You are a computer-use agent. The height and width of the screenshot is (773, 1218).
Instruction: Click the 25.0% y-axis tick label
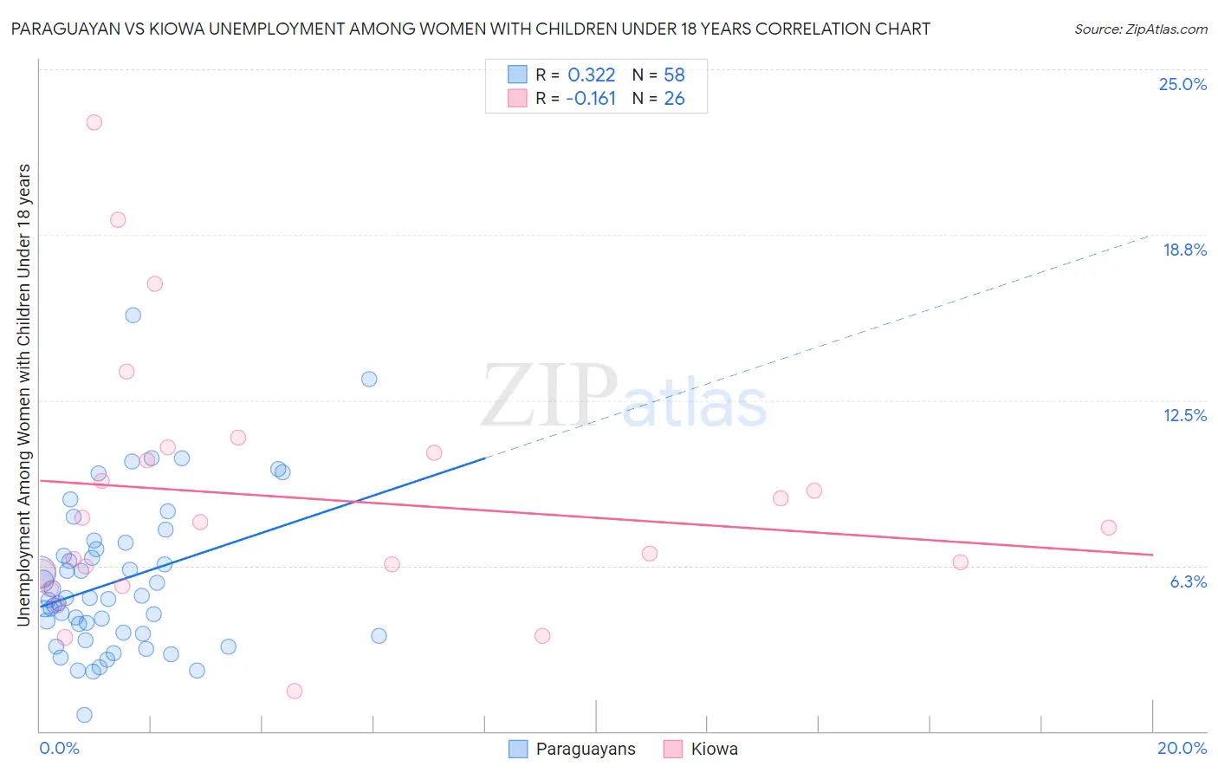[1182, 84]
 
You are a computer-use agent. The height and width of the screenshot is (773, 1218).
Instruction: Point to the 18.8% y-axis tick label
[1184, 250]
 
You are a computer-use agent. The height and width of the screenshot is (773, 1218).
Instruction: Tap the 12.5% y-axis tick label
[1184, 415]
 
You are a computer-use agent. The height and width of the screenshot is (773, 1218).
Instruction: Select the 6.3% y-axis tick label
[1188, 581]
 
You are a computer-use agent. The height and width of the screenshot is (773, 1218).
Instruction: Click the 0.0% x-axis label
[59, 748]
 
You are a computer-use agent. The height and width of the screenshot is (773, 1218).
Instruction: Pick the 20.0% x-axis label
[1182, 748]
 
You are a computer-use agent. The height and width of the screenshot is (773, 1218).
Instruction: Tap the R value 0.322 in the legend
[591, 75]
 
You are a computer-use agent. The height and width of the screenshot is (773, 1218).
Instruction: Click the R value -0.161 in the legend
[591, 99]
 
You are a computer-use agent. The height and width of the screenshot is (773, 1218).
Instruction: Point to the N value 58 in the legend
[674, 75]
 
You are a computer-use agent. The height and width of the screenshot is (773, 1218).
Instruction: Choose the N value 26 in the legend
[674, 99]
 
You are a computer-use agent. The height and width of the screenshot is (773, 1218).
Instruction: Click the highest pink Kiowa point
[94, 122]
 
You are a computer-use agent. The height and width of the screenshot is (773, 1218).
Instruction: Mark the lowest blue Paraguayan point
[84, 715]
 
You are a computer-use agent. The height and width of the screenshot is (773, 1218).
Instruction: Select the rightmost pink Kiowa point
[1108, 528]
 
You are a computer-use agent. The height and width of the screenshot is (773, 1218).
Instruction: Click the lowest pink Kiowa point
[295, 691]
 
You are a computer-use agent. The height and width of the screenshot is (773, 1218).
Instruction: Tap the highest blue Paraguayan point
[133, 315]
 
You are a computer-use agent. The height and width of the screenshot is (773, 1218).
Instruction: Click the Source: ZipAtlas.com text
[1140, 29]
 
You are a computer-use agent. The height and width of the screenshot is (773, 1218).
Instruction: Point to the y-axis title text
[24, 394]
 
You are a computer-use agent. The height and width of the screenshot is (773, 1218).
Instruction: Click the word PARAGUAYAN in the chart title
[62, 29]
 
